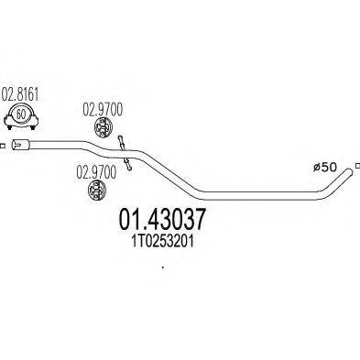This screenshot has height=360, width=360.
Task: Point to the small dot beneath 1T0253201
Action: tap(163, 267)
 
